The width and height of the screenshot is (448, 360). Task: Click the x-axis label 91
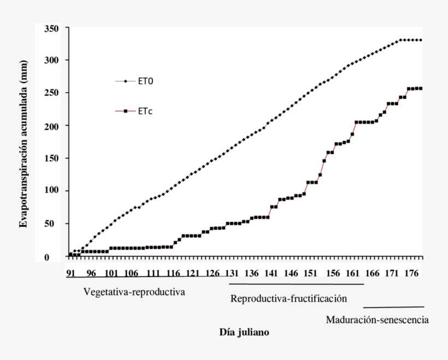[x=70, y=273]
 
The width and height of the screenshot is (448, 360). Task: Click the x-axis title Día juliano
[x=244, y=332]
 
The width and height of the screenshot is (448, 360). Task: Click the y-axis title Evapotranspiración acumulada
[x=23, y=150]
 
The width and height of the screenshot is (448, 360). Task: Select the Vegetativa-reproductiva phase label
[x=134, y=292]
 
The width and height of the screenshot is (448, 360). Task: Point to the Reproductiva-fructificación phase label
[x=289, y=299]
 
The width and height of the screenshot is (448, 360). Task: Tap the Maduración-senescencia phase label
[x=377, y=320]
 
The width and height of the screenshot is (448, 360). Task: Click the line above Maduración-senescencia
[x=393, y=307]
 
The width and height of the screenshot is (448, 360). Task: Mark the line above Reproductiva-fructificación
[x=296, y=284]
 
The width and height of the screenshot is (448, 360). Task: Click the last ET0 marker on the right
[x=421, y=40]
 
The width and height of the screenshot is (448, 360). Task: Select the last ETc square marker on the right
[x=421, y=88]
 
